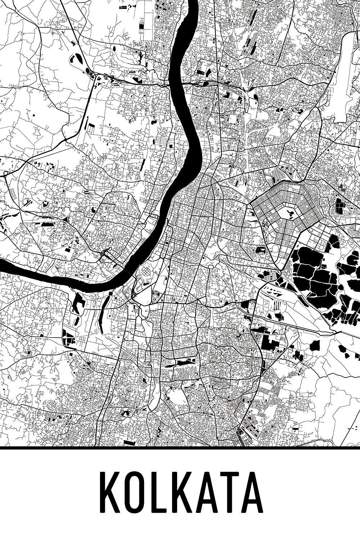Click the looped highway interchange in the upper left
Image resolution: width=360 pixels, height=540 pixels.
91,75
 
